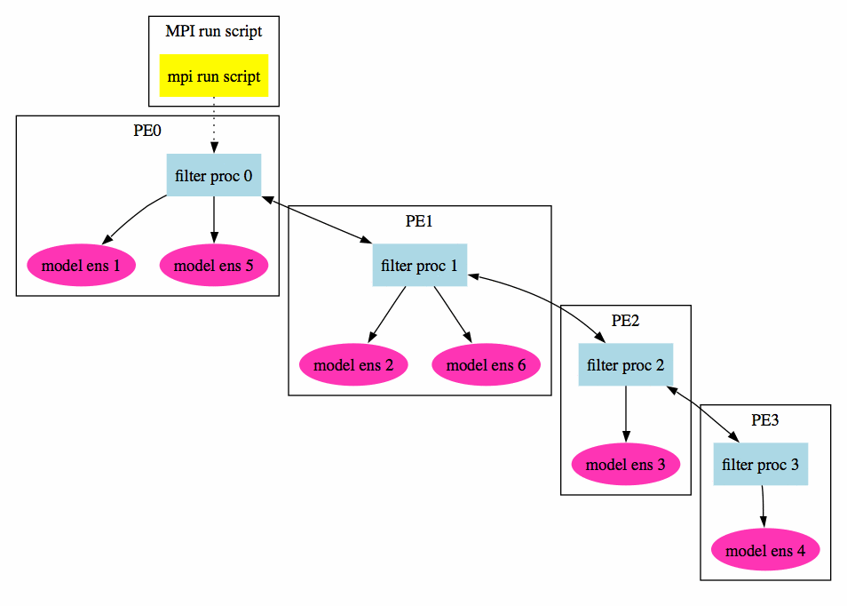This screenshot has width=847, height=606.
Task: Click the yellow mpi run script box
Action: tap(214, 76)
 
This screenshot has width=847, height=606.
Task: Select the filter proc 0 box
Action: tap(214, 176)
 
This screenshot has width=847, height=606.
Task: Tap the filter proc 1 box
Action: tap(419, 266)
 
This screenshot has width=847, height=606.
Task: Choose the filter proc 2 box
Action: tap(626, 364)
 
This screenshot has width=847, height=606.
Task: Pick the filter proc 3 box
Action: tap(761, 464)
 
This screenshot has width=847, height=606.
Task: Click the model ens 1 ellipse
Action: tap(81, 265)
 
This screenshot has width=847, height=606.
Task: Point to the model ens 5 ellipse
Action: tap(214, 265)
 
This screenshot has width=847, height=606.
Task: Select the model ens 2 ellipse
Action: tap(353, 364)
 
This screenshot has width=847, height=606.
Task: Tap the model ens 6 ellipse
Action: tap(486, 364)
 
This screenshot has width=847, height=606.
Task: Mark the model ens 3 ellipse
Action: tap(626, 464)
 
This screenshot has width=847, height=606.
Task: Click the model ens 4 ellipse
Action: tap(765, 551)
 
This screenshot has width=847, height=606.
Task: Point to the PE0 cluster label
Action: tap(147, 131)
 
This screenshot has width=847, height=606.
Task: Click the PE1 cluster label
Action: tap(419, 221)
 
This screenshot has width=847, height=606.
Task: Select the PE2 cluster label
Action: tap(626, 321)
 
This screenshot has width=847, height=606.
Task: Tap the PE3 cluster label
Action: tap(765, 420)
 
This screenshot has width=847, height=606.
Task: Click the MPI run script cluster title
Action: tap(214, 32)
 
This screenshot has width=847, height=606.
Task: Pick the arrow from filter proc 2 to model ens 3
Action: tap(626, 413)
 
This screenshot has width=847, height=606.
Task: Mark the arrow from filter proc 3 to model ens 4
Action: tap(763, 507)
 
